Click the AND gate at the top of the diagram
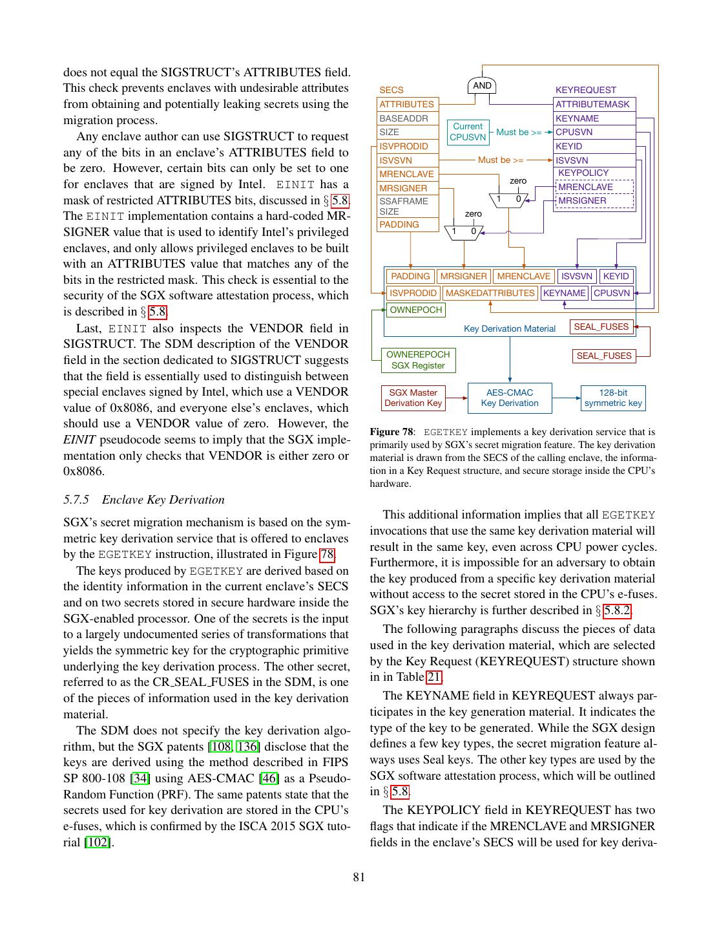pyautogui.click(x=482, y=86)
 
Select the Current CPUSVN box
pyautogui.click(x=468, y=132)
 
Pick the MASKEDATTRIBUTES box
pyautogui.click(x=490, y=293)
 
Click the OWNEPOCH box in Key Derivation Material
pyautogui.click(x=416, y=310)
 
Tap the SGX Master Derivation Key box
pyautogui.click(x=413, y=398)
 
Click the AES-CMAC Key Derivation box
pyautogui.click(x=510, y=398)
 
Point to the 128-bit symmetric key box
pyautogui.click(x=613, y=398)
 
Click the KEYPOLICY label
pyautogui.click(x=583, y=173)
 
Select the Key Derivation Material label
pyautogui.click(x=510, y=328)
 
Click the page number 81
pyautogui.click(x=359, y=877)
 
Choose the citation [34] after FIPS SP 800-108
pyautogui.click(x=140, y=778)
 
